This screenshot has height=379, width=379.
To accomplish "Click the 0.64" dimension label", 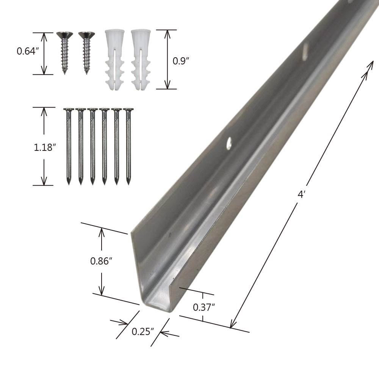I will pos(28,51).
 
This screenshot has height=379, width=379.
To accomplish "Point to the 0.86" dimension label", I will pos(101,261).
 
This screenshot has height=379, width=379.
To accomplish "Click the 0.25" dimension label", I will pos(143,331).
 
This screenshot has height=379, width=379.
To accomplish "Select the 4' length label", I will pos(301,194).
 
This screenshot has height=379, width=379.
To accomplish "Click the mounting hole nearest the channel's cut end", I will pos(229,144).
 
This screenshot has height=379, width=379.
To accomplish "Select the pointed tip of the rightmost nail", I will pos(128,182).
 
